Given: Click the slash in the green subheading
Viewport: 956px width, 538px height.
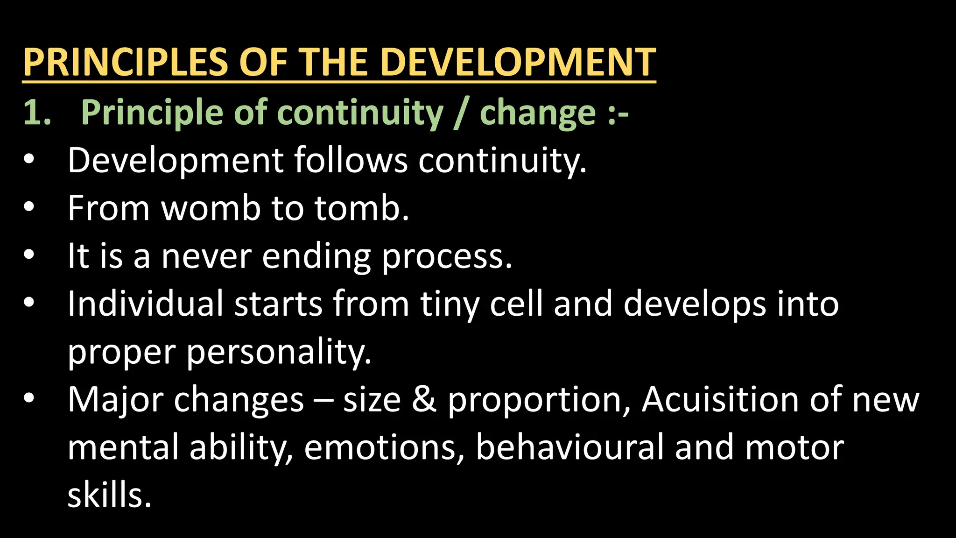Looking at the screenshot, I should click(461, 113).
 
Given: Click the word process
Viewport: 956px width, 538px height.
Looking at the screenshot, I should click(447, 257).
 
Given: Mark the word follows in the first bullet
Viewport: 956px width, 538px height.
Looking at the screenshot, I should click(351, 160).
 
